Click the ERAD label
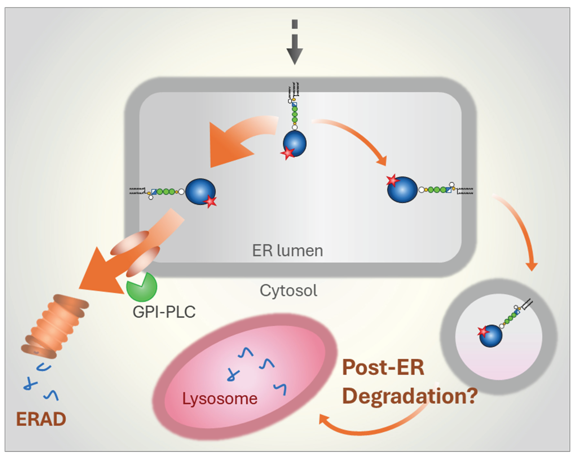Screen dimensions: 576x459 point(41,419)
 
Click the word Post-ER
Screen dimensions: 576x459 point(383,367)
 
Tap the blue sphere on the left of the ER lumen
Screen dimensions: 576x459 point(200,191)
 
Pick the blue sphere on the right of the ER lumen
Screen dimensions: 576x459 point(402,190)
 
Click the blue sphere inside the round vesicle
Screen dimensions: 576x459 point(491,336)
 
